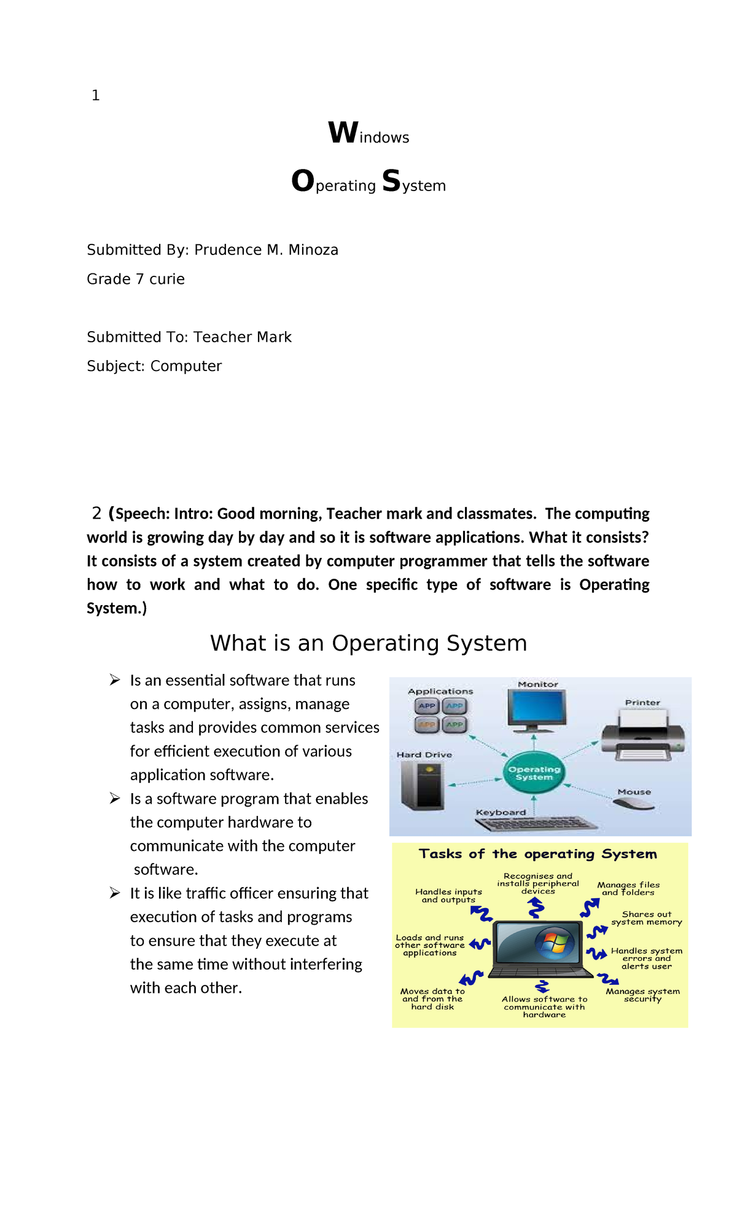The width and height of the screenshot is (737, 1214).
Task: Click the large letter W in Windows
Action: [x=343, y=133]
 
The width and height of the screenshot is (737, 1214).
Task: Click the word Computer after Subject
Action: [x=186, y=366]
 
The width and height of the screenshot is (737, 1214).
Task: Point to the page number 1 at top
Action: [x=95, y=95]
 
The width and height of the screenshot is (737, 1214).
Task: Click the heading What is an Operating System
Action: [x=368, y=643]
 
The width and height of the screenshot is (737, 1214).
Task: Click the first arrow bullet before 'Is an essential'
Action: [x=115, y=679]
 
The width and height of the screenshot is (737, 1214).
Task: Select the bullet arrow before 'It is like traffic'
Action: [x=115, y=893]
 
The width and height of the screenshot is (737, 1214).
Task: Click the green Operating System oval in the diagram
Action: [x=534, y=773]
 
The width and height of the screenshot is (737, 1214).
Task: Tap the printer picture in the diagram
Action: [x=642, y=735]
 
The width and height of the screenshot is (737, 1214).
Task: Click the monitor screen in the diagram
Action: [x=537, y=708]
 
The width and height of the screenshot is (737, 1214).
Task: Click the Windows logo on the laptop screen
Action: [x=554, y=943]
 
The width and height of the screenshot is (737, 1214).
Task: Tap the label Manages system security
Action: [x=642, y=995]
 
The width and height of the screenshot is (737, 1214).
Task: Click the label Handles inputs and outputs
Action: [x=448, y=895]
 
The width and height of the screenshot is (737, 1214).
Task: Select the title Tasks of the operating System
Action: [x=537, y=853]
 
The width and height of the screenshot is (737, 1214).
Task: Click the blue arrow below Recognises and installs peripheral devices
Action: [x=536, y=907]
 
